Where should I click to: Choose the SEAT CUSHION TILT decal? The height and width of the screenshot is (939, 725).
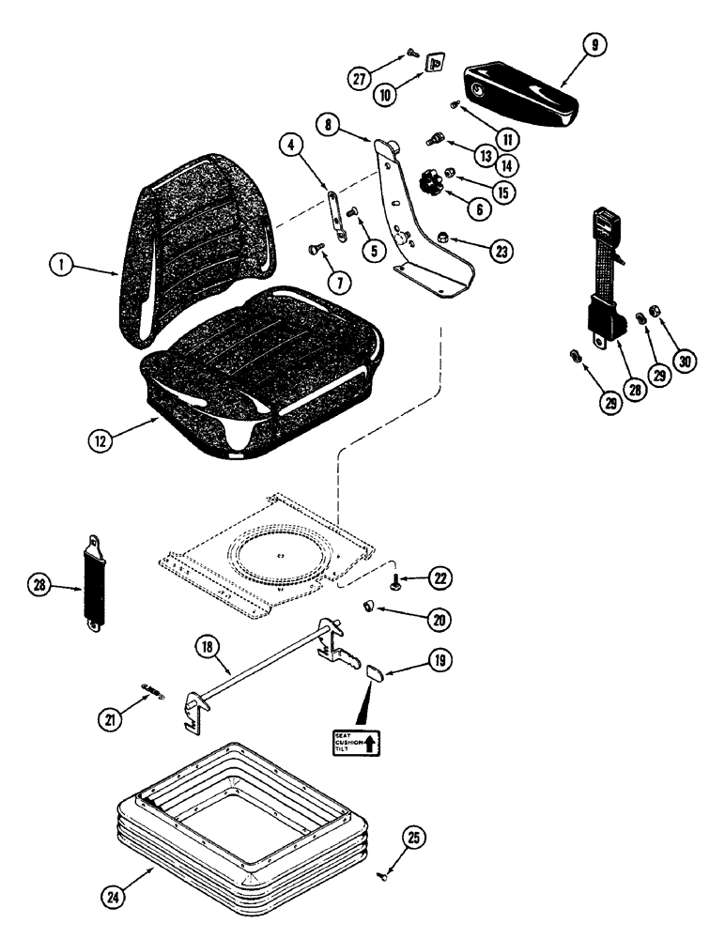pyautogui.click(x=357, y=742)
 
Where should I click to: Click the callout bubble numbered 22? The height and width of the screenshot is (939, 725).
pyautogui.click(x=440, y=578)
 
